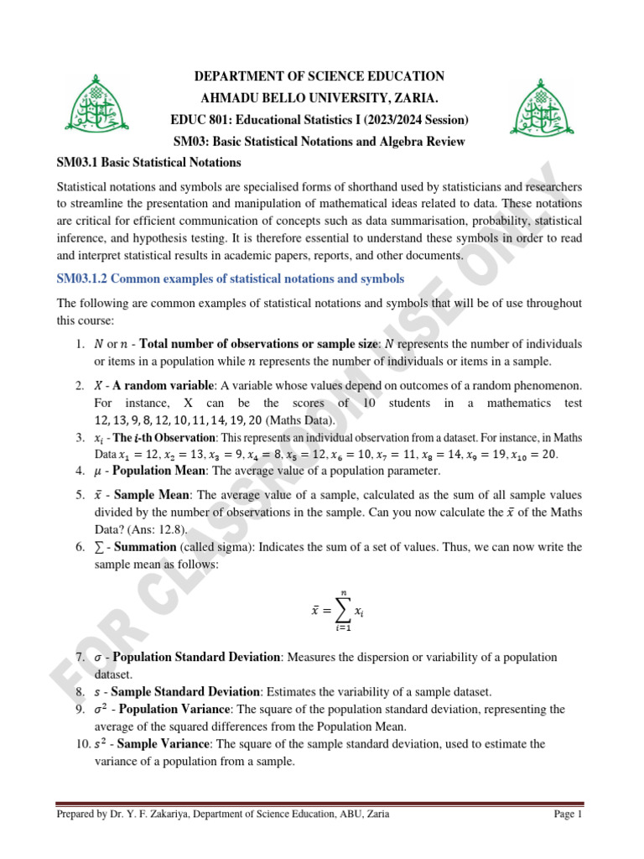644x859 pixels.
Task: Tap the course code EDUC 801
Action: (x=223, y=119)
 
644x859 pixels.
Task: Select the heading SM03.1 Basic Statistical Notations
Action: (x=148, y=162)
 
